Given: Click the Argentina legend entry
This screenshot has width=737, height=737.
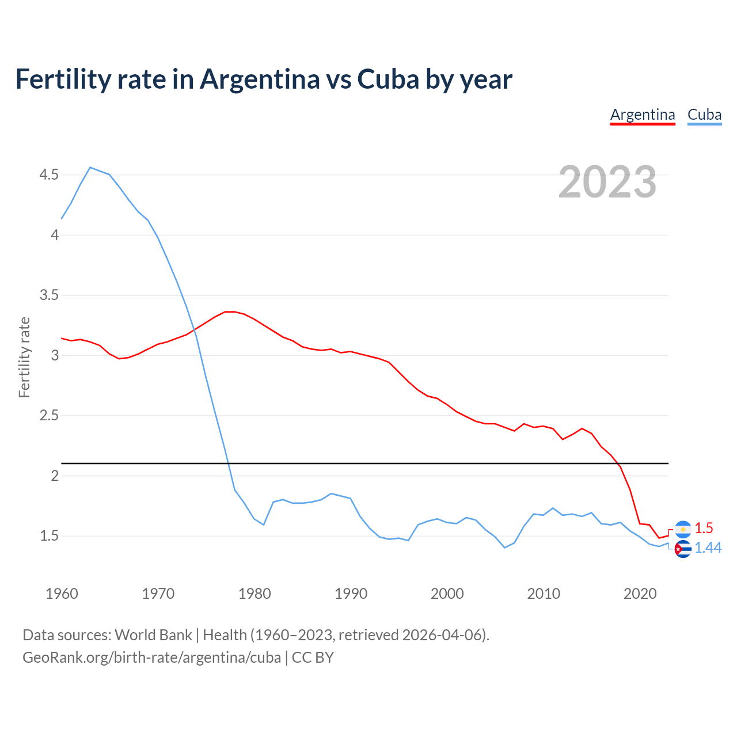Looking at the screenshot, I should [x=643, y=115].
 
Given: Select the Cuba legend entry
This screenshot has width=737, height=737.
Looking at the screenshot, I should [x=704, y=115].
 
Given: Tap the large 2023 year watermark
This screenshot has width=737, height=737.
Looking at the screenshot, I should [x=607, y=182].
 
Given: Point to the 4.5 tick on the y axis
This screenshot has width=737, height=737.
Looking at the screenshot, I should [x=49, y=174].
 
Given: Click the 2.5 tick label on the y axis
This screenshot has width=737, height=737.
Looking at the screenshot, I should [x=49, y=416].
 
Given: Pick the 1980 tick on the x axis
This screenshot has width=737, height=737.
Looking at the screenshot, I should [x=254, y=594].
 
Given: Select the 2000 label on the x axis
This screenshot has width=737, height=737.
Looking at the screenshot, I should [x=447, y=594].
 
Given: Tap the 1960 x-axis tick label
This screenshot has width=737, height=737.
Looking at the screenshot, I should [x=62, y=594].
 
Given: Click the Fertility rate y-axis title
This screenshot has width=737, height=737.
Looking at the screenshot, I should [x=24, y=357].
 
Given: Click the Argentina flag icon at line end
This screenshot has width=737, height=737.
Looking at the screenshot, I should [x=683, y=529].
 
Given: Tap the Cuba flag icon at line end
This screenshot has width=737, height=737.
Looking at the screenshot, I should [x=683, y=549].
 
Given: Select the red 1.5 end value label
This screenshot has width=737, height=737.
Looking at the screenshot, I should [x=704, y=528].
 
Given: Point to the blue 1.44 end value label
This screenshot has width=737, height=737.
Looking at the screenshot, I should [x=708, y=548].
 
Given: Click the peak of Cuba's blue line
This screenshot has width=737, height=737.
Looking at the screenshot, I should [x=90, y=168].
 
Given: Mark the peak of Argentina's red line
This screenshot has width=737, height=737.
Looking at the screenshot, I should [x=229, y=311].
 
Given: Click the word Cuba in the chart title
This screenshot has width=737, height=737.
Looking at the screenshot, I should [x=388, y=79].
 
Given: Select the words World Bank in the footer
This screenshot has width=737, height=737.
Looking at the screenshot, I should [x=153, y=635].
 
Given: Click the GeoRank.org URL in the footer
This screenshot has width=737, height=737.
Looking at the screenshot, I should [x=151, y=658].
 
